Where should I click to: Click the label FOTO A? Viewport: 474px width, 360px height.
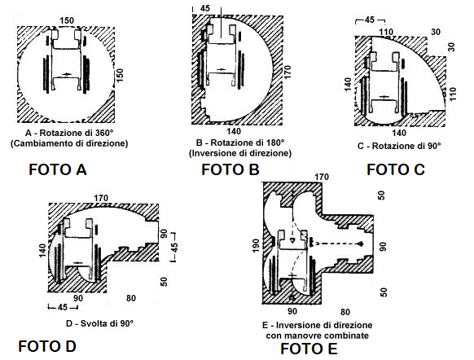58,169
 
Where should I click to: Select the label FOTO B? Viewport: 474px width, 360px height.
230,169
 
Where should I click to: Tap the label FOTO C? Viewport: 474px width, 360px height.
396,169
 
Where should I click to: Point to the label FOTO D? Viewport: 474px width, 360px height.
47,346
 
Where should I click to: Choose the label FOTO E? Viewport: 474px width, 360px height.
309,349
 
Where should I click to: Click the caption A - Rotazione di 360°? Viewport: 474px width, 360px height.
69,133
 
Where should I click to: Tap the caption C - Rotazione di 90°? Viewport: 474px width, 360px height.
399,146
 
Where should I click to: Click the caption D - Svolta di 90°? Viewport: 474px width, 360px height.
99,323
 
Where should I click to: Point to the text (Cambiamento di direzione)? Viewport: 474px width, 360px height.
69,143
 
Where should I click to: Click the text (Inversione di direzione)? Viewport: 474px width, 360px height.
240,153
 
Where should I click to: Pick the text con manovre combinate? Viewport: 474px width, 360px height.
318,336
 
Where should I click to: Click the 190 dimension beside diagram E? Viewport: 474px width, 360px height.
256,246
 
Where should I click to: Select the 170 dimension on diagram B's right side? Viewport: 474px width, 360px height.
287,72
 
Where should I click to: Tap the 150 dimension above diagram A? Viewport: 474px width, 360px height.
67,20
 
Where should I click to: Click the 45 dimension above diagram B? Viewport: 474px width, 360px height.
205,8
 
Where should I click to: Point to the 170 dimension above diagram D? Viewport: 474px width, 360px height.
101,198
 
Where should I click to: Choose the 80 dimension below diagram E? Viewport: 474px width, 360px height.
345,312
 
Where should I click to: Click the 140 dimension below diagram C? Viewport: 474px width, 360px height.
399,133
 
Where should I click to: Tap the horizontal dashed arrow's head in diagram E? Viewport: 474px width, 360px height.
361,244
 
